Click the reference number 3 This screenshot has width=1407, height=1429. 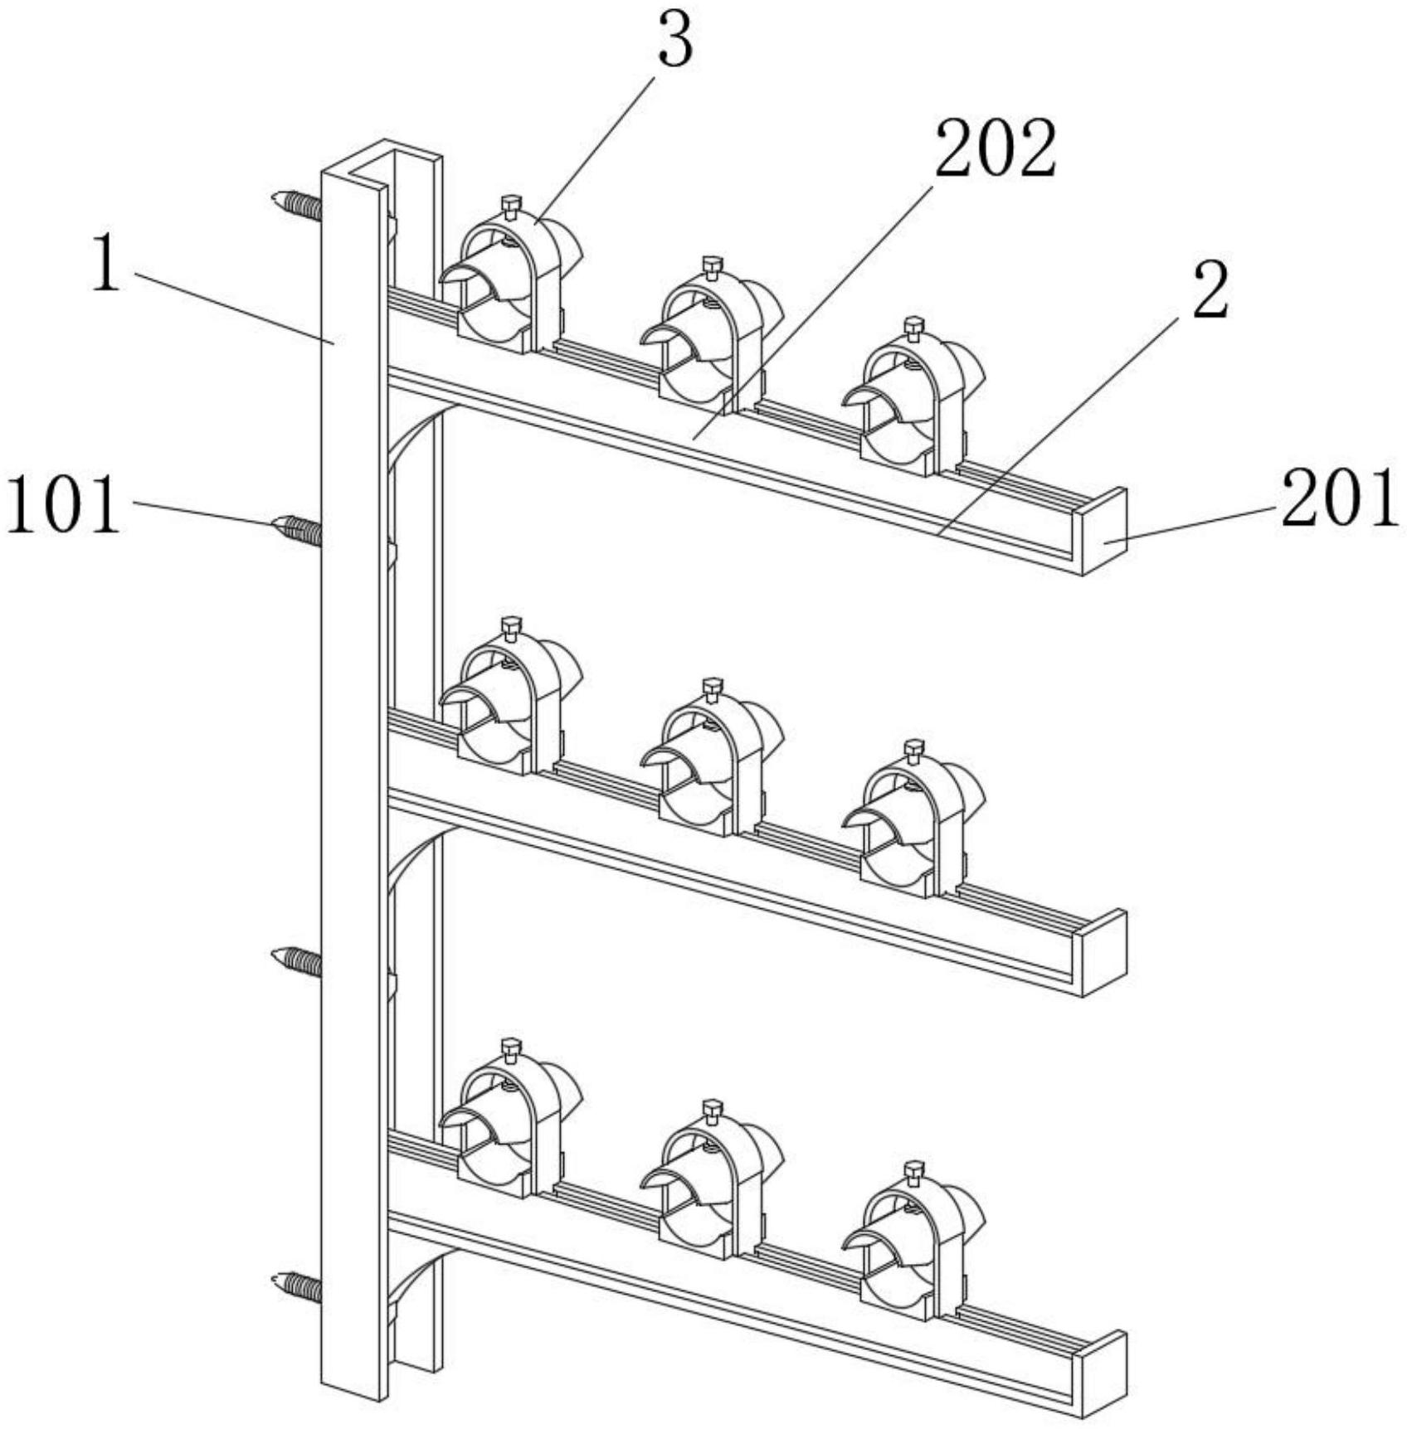(675, 41)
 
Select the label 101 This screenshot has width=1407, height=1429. (63, 506)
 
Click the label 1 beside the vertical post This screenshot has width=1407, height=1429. (105, 264)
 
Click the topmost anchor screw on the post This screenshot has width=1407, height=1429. (296, 205)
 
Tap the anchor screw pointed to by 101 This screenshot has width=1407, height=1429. (296, 530)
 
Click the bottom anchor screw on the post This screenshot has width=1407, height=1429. (296, 1286)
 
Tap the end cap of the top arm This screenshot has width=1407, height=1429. (1104, 532)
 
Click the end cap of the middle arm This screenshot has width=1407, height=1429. (1104, 953)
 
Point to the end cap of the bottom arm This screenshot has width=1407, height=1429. (1104, 1374)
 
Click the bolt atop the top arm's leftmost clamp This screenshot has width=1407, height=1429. (511, 205)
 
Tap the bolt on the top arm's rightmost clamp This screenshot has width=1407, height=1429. (913, 328)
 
